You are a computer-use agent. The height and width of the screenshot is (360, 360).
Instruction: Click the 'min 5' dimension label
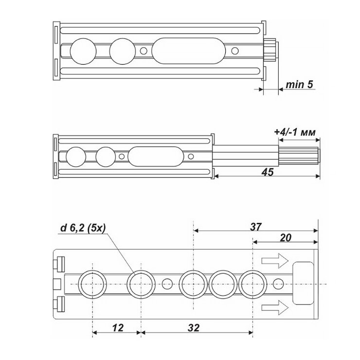tap(298, 85)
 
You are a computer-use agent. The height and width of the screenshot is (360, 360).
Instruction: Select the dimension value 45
tap(267, 173)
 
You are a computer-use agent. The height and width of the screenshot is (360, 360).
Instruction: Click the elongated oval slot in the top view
tap(189, 50)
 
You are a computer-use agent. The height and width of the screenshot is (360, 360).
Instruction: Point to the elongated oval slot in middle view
tap(155, 157)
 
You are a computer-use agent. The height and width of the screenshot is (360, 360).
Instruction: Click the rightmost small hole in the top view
tap(235, 50)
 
